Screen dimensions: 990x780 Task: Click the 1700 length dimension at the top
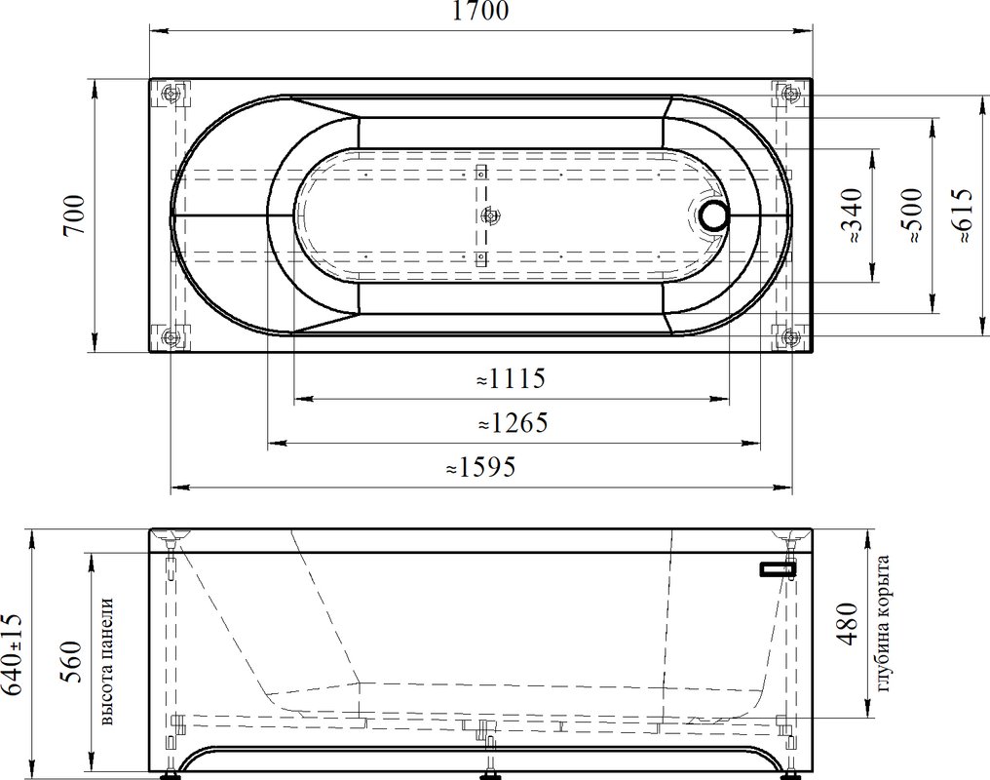point(480,11)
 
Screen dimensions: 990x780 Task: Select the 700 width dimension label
point(74,214)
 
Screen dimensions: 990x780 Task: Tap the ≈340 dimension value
point(853,216)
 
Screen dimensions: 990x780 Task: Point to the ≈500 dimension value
point(913,216)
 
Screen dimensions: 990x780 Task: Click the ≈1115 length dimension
point(511,379)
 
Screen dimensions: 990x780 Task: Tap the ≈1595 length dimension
point(481,467)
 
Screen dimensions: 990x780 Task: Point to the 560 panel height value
point(71,662)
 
